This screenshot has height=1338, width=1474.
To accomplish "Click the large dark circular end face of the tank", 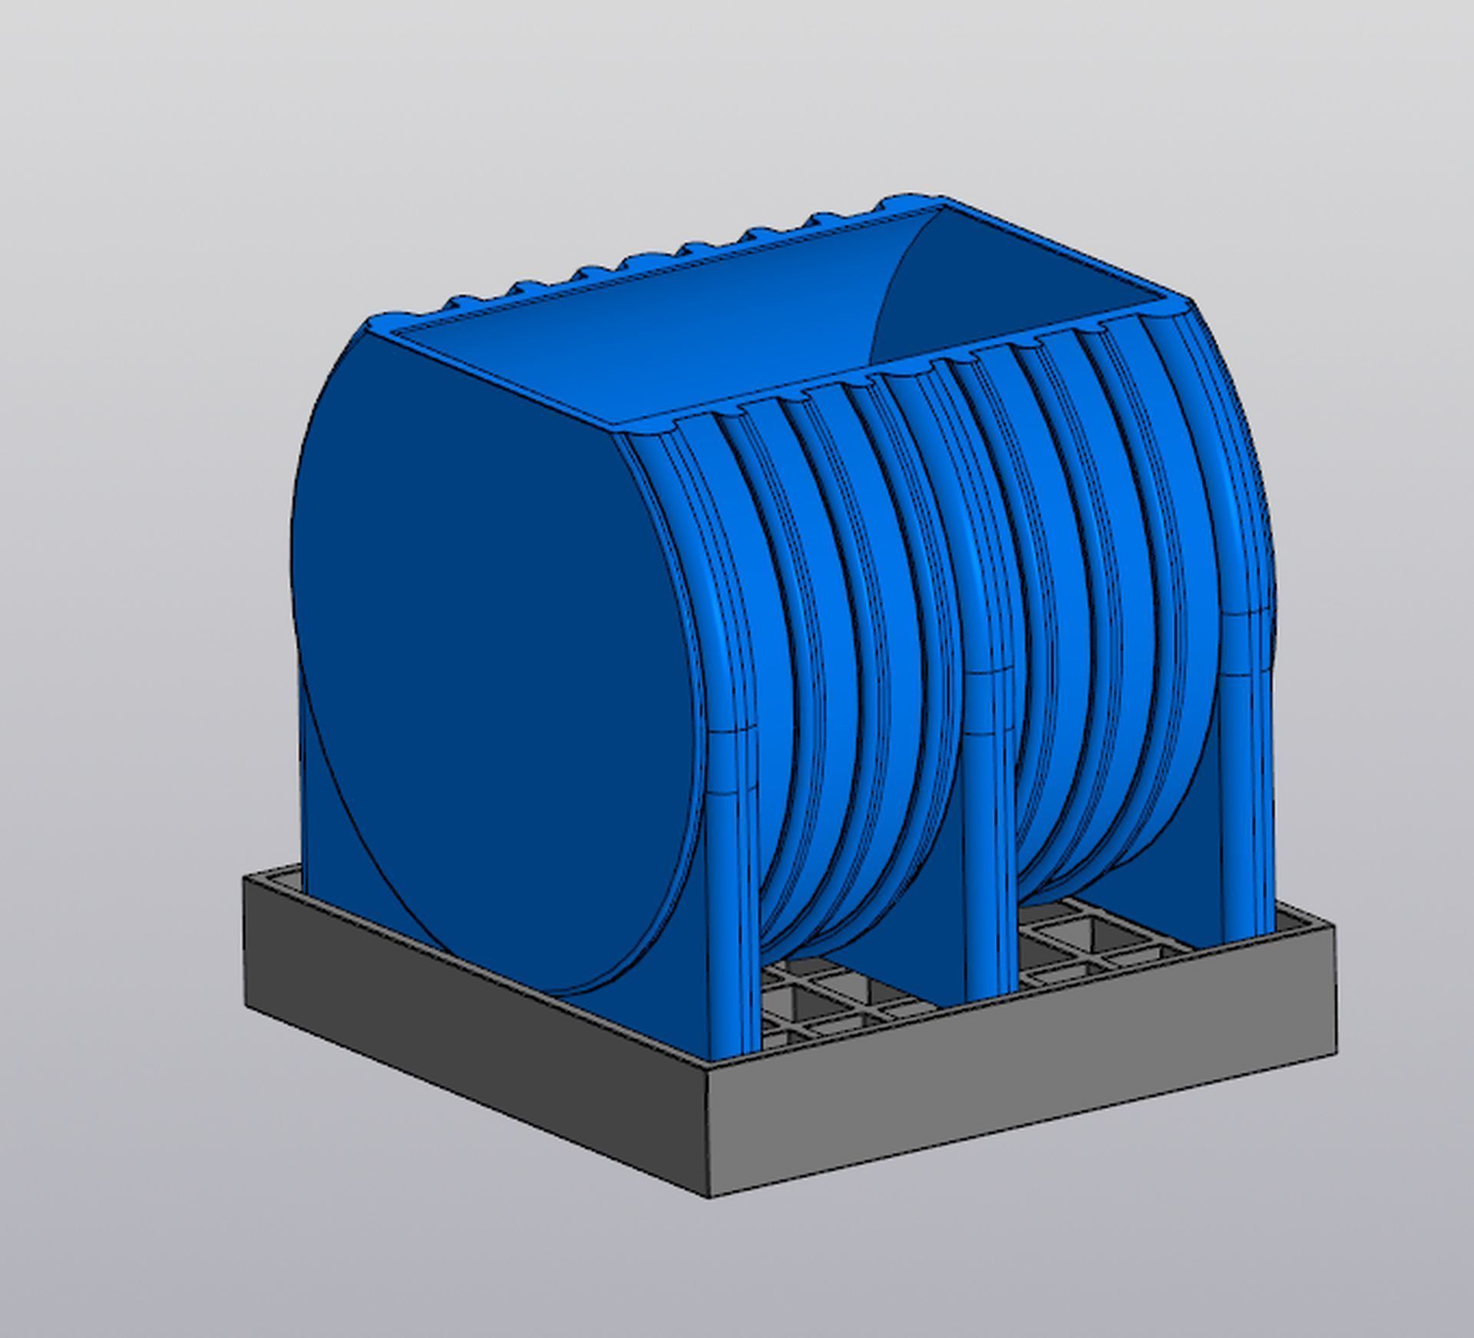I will tap(491, 661).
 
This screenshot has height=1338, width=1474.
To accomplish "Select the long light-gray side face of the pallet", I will tap(1021, 1114).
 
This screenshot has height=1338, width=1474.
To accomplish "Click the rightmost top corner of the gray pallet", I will tap(1334, 928).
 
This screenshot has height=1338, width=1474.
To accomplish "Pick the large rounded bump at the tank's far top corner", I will tap(910, 201).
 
